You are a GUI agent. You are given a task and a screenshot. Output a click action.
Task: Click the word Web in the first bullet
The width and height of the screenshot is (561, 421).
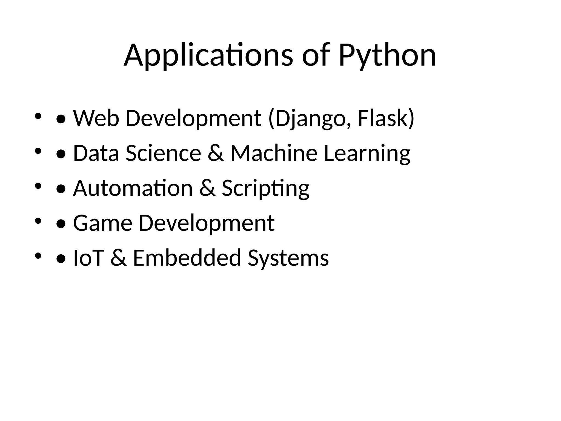tap(96, 118)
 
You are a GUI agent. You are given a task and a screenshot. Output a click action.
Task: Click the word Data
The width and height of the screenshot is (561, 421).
tap(96, 153)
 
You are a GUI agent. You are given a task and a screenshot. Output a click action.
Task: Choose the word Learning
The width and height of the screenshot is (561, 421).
tap(367, 153)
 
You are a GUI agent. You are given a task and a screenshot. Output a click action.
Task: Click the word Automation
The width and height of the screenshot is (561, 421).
tap(133, 188)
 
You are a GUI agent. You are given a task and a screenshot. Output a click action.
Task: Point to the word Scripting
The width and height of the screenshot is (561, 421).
tap(265, 188)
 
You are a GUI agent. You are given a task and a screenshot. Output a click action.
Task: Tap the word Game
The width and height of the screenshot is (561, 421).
tap(103, 223)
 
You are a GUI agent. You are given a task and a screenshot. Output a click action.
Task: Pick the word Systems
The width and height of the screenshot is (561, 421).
tap(288, 258)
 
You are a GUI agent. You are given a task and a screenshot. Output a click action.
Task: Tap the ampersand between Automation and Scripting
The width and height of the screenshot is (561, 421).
tap(207, 188)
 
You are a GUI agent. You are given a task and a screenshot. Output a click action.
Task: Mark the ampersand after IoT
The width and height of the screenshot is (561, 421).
tap(119, 258)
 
